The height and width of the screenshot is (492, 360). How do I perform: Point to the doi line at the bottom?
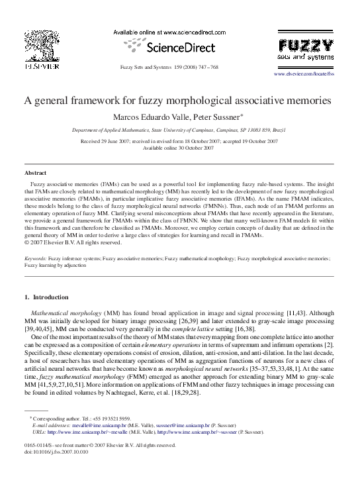click(x=60, y=470)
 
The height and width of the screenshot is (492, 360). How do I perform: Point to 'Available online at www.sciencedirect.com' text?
click(x=171, y=32)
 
